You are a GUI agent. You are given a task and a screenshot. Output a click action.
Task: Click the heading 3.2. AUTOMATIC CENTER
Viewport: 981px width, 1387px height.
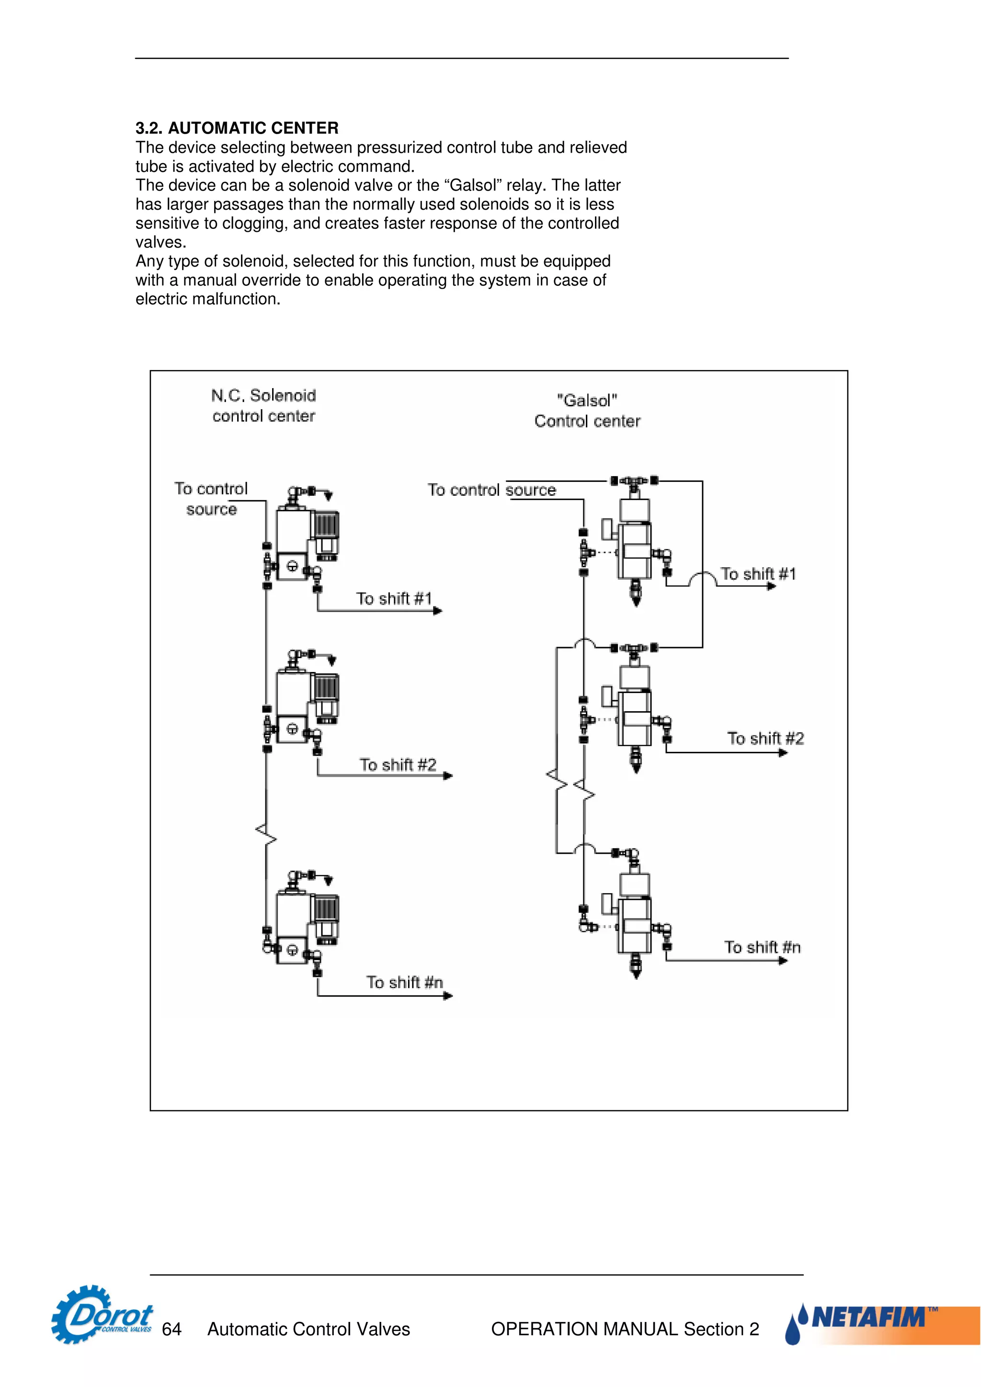237,128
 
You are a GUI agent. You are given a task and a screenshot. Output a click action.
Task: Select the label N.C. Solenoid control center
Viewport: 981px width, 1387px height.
263,405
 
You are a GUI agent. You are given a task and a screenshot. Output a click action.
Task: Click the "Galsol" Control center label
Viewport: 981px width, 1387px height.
587,411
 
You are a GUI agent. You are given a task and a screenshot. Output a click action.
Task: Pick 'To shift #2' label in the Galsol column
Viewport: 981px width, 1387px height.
765,738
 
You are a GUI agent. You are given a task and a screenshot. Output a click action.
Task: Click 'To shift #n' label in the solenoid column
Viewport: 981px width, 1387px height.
404,982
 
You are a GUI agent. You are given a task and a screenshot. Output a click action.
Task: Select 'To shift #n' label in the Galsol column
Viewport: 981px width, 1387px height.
762,947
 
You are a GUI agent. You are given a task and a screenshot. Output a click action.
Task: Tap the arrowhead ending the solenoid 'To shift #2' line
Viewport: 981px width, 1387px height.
448,776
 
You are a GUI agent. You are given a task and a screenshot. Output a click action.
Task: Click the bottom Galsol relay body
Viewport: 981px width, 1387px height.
635,924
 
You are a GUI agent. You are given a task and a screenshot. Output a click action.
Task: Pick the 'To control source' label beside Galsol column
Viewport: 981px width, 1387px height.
491,490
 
